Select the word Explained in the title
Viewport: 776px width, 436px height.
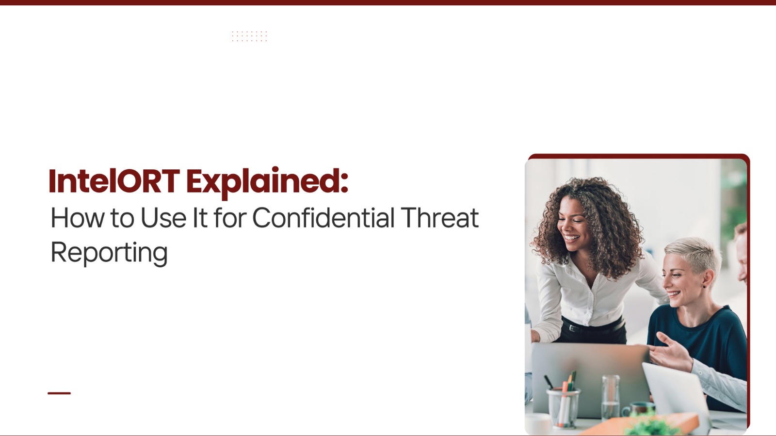pos(263,183)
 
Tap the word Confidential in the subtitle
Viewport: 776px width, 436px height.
pos(323,218)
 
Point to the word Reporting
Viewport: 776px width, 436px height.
pos(109,254)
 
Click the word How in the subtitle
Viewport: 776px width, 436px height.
pos(78,218)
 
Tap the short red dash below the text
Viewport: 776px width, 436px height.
pos(59,393)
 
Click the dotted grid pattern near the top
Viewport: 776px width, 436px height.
pos(249,36)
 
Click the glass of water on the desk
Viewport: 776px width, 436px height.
pos(611,398)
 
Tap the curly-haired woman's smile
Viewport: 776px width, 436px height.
pos(571,238)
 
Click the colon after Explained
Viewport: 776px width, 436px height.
pos(344,183)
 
